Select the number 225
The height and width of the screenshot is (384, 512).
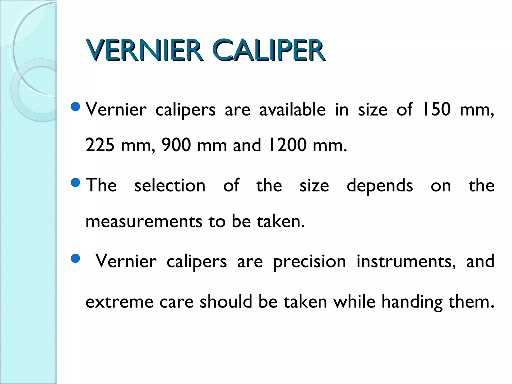pos(100,145)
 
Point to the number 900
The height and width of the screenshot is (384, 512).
pos(176,145)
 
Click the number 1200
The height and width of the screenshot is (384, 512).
pos(287,145)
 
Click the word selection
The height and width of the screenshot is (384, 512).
pos(170,185)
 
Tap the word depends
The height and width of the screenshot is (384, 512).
pos(380,186)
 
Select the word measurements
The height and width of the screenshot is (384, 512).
pos(144,221)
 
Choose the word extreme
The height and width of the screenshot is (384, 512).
pos(119,302)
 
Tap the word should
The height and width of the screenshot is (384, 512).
pos(226,301)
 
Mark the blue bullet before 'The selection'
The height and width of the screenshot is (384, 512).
pos(75,183)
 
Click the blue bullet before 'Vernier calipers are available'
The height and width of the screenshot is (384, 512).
pos(75,107)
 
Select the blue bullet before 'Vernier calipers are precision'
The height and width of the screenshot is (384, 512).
pos(75,259)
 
